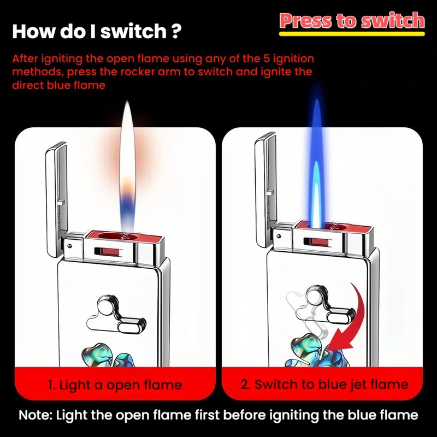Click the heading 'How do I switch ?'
click(x=97, y=30)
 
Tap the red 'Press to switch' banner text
click(x=352, y=20)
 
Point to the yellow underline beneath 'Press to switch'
click(x=352, y=34)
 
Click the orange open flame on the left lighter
click(x=127, y=158)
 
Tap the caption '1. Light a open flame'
click(x=115, y=385)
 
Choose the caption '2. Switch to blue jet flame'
click(x=324, y=385)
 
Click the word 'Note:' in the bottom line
click(x=36, y=415)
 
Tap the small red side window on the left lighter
click(x=110, y=252)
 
